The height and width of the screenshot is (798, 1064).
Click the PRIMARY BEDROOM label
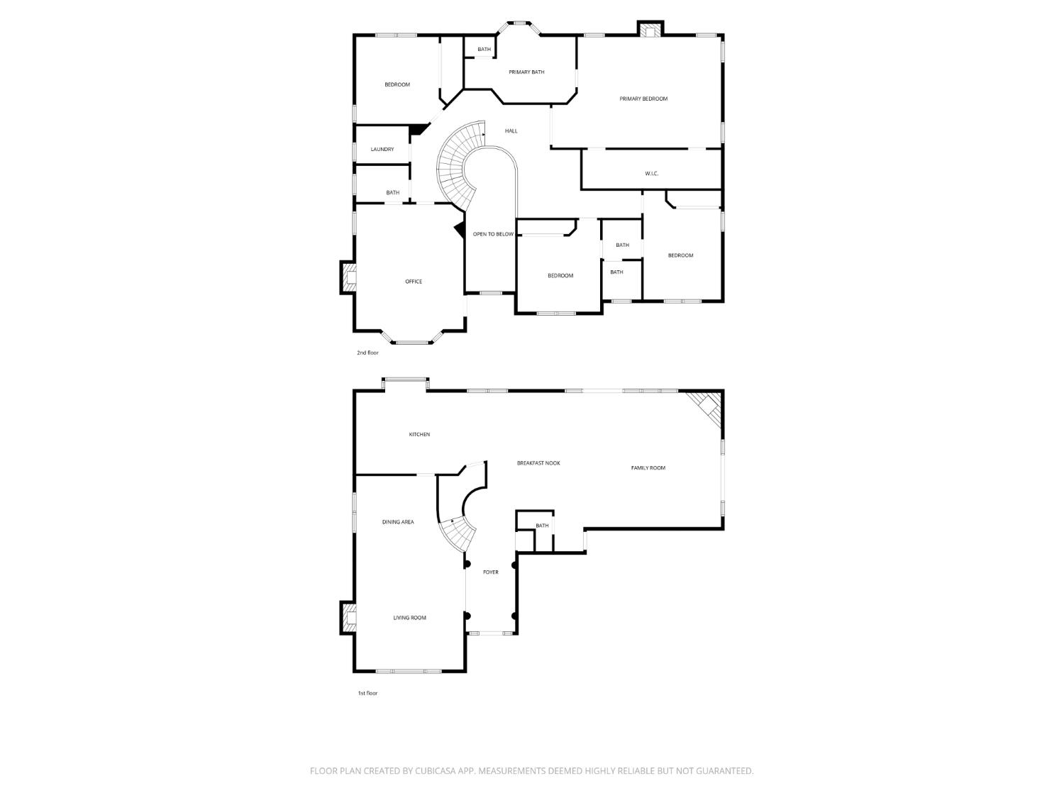[643, 99]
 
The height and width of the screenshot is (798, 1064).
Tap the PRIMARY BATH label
[526, 72]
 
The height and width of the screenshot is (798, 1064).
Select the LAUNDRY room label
[382, 149]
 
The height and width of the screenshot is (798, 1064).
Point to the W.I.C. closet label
[651, 174]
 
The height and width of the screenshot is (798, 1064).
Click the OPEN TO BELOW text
[493, 234]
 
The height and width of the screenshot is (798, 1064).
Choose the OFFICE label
[414, 282]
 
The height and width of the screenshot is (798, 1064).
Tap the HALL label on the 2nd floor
[511, 131]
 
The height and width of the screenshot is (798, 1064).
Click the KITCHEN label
[419, 435]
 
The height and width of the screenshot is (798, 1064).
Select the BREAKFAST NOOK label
[538, 463]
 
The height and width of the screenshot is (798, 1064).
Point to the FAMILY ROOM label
[648, 468]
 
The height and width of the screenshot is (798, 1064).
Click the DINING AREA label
[398, 522]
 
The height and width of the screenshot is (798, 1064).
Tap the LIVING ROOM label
[409, 618]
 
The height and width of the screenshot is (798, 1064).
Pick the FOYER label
[491, 572]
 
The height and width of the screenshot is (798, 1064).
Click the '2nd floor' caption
[367, 353]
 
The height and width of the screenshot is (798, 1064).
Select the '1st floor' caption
[367, 693]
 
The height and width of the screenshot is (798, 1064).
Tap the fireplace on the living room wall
[348, 618]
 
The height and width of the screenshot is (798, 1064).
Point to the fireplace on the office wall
[348, 277]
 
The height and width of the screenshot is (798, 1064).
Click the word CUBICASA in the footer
[436, 771]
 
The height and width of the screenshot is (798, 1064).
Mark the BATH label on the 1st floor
[542, 526]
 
